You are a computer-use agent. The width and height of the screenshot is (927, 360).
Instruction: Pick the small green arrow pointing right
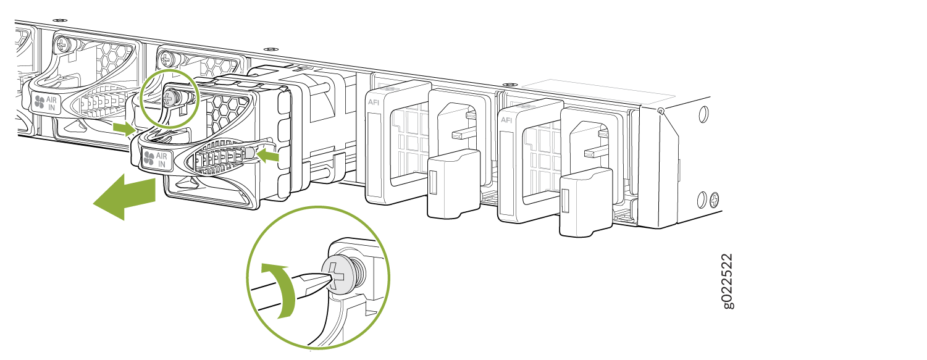[124, 128]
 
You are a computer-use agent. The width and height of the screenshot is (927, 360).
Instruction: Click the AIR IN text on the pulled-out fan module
[161, 160]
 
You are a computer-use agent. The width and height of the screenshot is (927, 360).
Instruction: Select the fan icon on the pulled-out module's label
[149, 158]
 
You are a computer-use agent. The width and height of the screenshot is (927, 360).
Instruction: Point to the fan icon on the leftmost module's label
[40, 102]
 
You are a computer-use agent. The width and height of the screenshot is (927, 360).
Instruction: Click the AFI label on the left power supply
[373, 103]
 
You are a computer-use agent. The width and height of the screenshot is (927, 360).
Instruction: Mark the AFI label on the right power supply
[506, 120]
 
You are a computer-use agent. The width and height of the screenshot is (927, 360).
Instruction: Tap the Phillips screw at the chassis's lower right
[715, 200]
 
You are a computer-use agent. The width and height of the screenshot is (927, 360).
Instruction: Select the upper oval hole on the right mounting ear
[703, 114]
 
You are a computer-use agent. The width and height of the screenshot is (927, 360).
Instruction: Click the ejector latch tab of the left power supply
[453, 183]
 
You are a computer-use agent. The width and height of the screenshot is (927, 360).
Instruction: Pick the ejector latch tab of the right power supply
[585, 202]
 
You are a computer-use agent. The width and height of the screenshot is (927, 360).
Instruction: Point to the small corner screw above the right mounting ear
[661, 111]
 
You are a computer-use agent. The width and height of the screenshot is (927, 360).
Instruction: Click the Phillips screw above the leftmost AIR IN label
[63, 43]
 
